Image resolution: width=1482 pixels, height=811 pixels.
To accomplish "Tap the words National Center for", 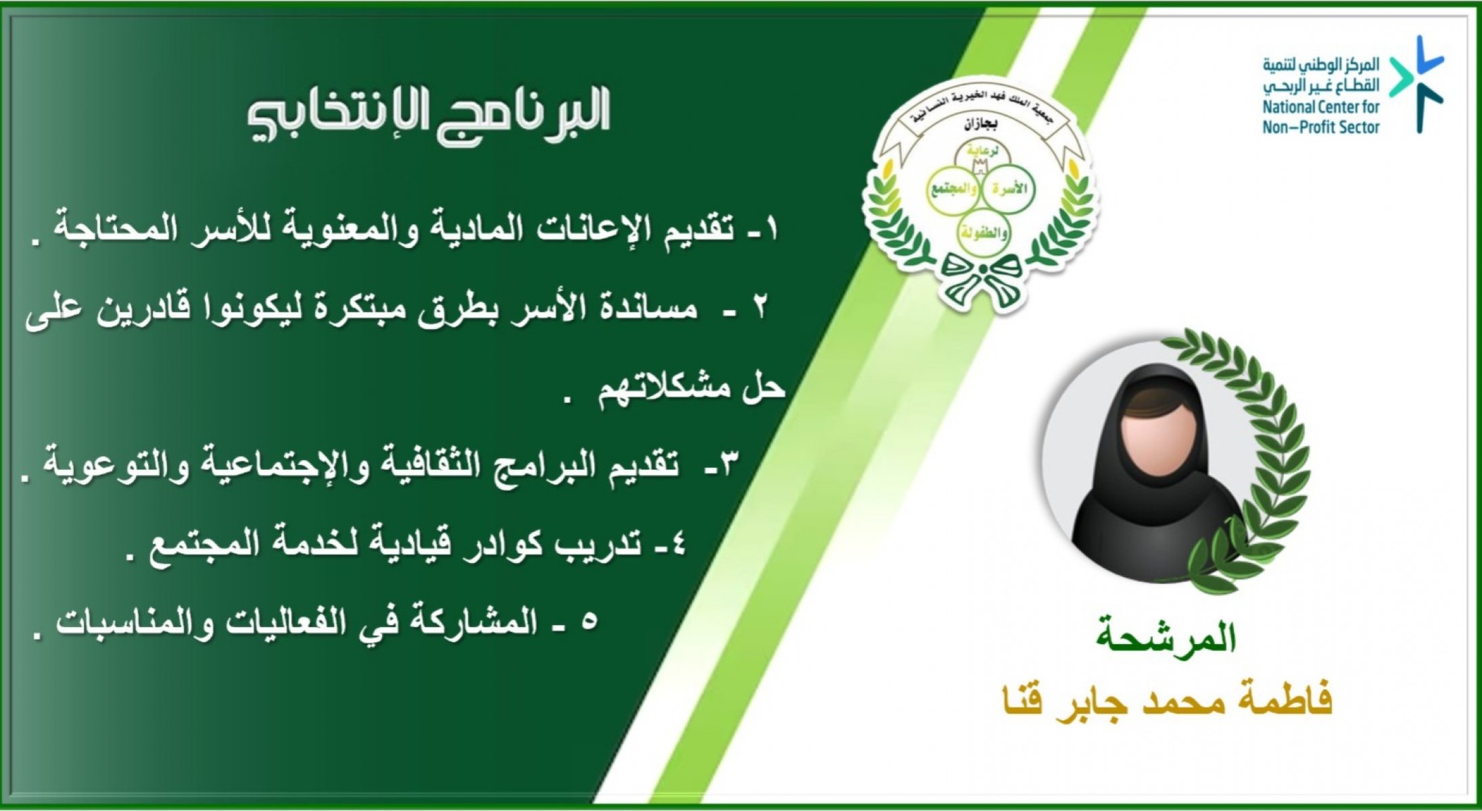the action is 1320,107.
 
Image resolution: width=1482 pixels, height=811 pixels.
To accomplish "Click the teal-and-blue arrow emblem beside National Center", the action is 1416,84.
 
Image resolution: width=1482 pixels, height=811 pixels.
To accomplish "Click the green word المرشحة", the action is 1166,638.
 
